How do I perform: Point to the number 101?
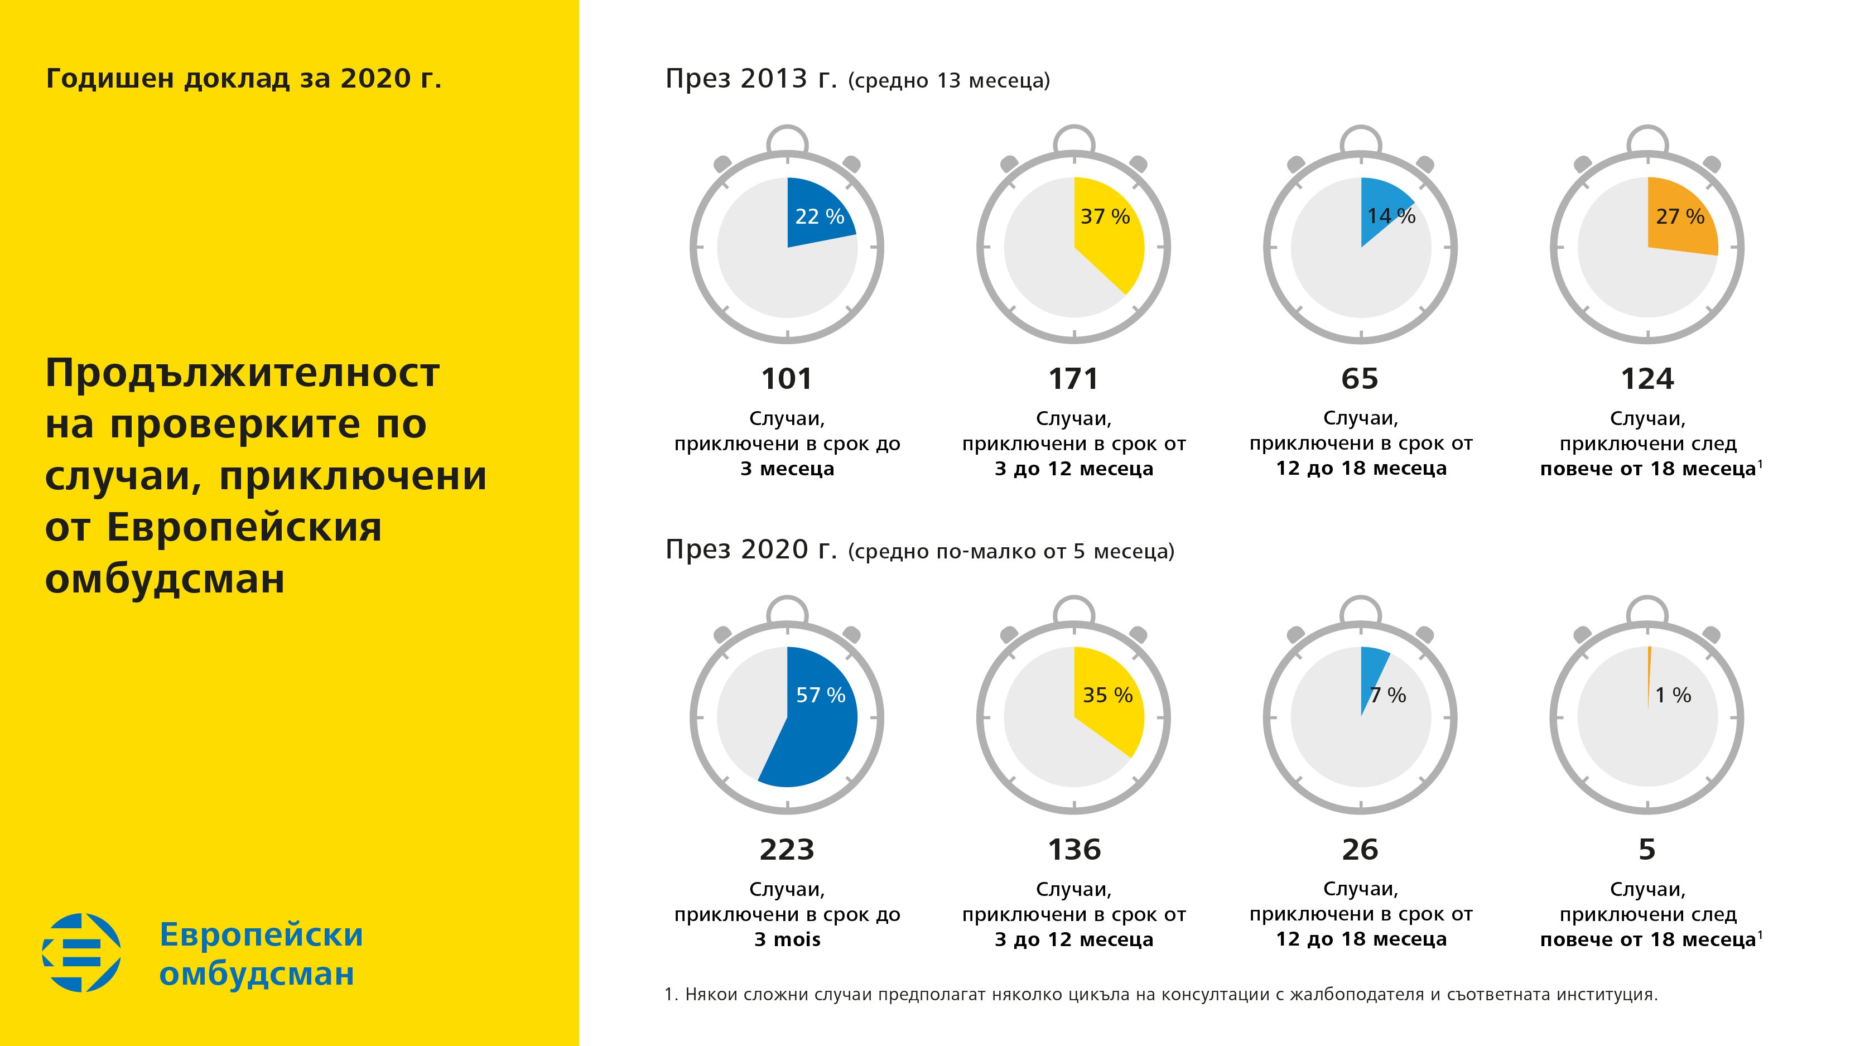tap(786, 379)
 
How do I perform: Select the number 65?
tap(1360, 379)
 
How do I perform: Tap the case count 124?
tap(1647, 379)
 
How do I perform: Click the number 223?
tap(786, 850)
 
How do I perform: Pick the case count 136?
tap(1074, 850)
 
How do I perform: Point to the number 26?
tap(1360, 850)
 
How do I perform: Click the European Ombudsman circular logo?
tap(81, 952)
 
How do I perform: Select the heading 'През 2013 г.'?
tap(751, 78)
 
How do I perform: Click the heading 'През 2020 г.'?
tap(751, 549)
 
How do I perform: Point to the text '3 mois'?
tap(787, 939)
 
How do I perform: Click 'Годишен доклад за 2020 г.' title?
tap(243, 78)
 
